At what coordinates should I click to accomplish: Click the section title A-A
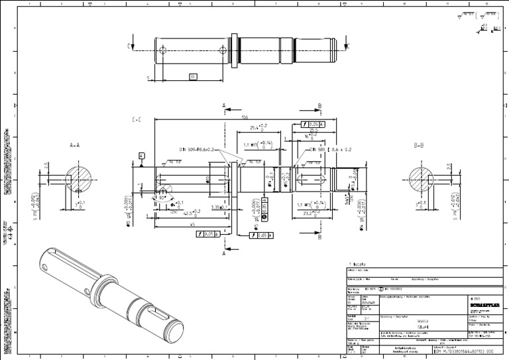coord(74,144)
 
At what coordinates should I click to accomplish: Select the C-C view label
coord(137,120)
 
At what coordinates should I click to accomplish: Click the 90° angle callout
coord(161,197)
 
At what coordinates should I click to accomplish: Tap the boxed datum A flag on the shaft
coord(141,154)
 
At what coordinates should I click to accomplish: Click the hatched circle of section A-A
coord(82,178)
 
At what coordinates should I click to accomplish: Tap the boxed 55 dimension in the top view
coord(193,77)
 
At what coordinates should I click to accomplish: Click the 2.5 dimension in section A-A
coord(46,165)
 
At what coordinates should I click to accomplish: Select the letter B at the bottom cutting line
coord(320,248)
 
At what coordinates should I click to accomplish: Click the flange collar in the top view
coord(233,49)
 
